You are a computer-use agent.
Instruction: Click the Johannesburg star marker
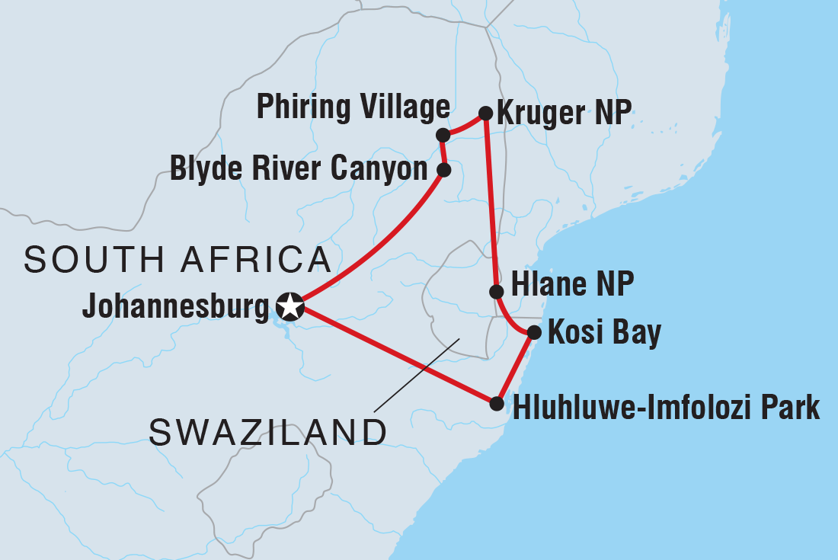[290, 307]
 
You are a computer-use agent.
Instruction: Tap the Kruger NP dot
[485, 114]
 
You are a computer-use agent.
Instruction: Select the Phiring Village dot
[442, 136]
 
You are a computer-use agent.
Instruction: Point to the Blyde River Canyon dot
[443, 170]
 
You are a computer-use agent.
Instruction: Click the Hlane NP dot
[496, 291]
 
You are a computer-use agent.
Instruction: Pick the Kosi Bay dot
[534, 332]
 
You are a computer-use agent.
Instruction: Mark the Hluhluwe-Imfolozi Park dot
[497, 403]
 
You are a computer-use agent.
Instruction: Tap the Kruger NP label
[564, 114]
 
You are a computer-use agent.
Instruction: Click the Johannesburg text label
[176, 307]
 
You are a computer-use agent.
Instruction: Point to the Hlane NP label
[573, 287]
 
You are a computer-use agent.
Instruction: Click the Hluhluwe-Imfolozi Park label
[667, 408]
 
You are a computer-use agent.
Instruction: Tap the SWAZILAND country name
[268, 434]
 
